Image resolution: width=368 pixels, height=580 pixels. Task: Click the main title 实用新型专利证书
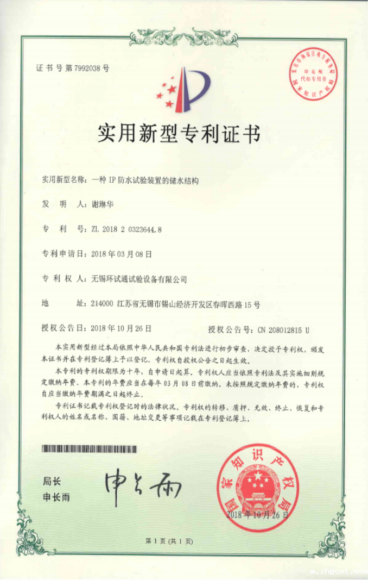[179, 132]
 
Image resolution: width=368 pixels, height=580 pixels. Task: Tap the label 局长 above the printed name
[52, 482]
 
